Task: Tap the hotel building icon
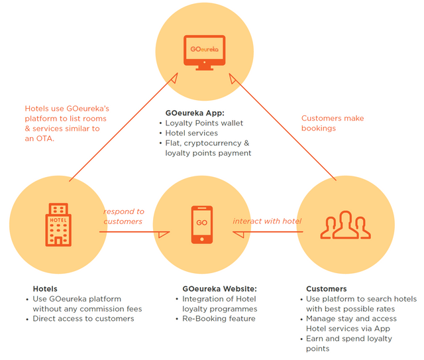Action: [x=58, y=224]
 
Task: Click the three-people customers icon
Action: [x=343, y=225]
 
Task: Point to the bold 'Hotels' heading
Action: [x=45, y=289]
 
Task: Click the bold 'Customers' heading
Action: [x=326, y=289]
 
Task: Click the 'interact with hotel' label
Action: [x=266, y=221]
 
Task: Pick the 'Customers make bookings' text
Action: [x=333, y=123]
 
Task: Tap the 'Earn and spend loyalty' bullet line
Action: [x=349, y=339]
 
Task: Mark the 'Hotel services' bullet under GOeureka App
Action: [x=191, y=133]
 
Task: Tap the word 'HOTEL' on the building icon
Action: [x=57, y=220]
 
